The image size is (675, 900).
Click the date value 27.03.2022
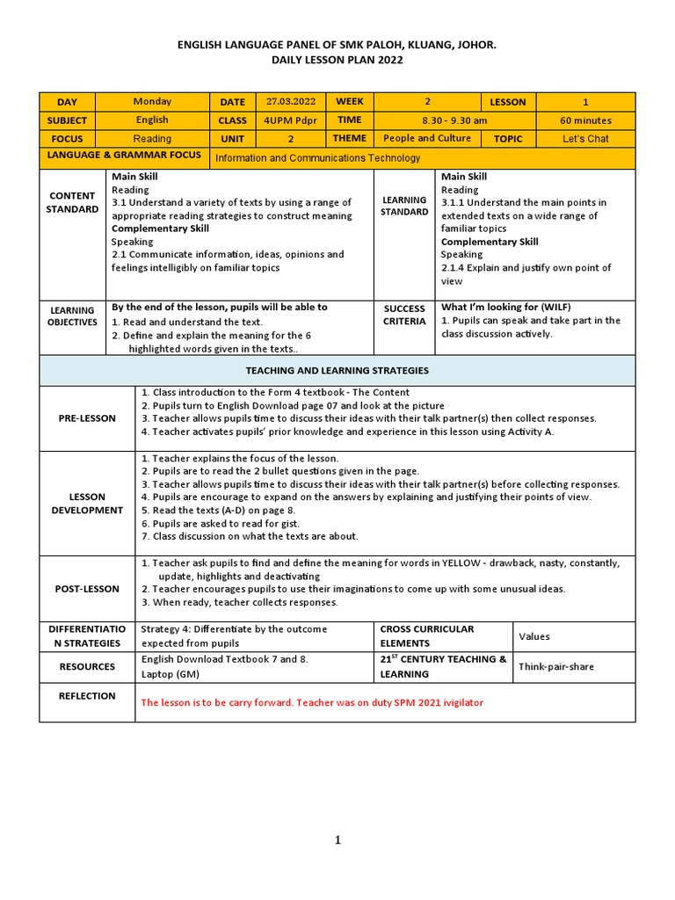coord(290,101)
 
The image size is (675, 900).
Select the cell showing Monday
coord(152,101)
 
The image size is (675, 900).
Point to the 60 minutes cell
coord(585,120)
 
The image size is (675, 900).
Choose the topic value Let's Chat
coord(585,139)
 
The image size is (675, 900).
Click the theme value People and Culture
coord(427,138)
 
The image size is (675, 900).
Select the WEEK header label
coord(351,101)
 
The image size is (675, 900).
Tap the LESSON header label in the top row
coord(508,101)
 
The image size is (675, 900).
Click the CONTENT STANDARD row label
coord(72,202)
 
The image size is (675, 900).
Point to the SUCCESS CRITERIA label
coord(404,316)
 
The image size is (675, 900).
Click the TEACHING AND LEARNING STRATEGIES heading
coord(337,371)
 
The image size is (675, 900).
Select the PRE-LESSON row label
coord(87,418)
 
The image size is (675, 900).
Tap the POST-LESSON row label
coord(87,589)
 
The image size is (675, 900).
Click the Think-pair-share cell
coord(556,667)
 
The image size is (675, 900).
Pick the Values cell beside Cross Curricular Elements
coord(535,635)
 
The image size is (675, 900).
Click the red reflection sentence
coord(312,702)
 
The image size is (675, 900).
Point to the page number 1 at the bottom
coord(337,841)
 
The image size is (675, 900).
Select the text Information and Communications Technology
coord(318,158)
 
